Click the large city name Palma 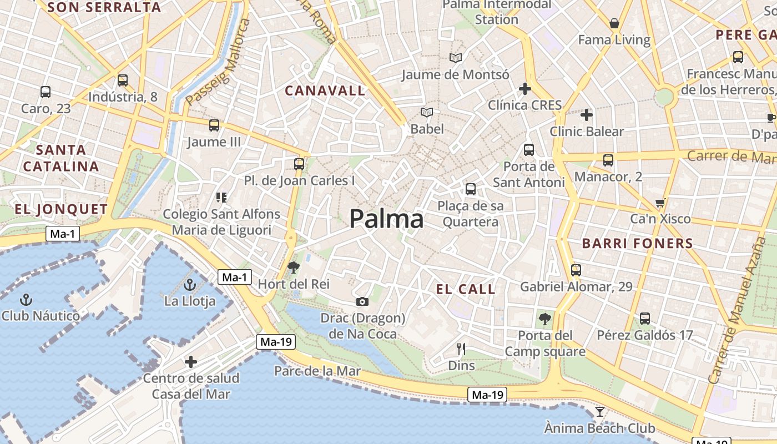point(386,219)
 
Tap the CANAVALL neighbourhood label point(325,90)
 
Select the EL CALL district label point(466,289)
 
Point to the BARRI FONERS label point(638,243)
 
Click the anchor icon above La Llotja point(190,285)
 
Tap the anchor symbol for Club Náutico point(26,300)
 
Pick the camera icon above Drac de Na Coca point(362,301)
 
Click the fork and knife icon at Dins point(461,349)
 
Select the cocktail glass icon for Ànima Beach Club point(599,412)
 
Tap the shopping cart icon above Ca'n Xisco point(660,203)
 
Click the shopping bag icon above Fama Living point(614,23)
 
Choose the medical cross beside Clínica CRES point(524,89)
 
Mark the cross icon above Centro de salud point(191,362)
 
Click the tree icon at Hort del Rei point(293,268)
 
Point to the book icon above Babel point(426,113)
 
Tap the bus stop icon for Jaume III point(214,125)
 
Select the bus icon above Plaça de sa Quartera point(471,189)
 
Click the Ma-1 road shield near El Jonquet point(62,234)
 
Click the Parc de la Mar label point(317,371)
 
